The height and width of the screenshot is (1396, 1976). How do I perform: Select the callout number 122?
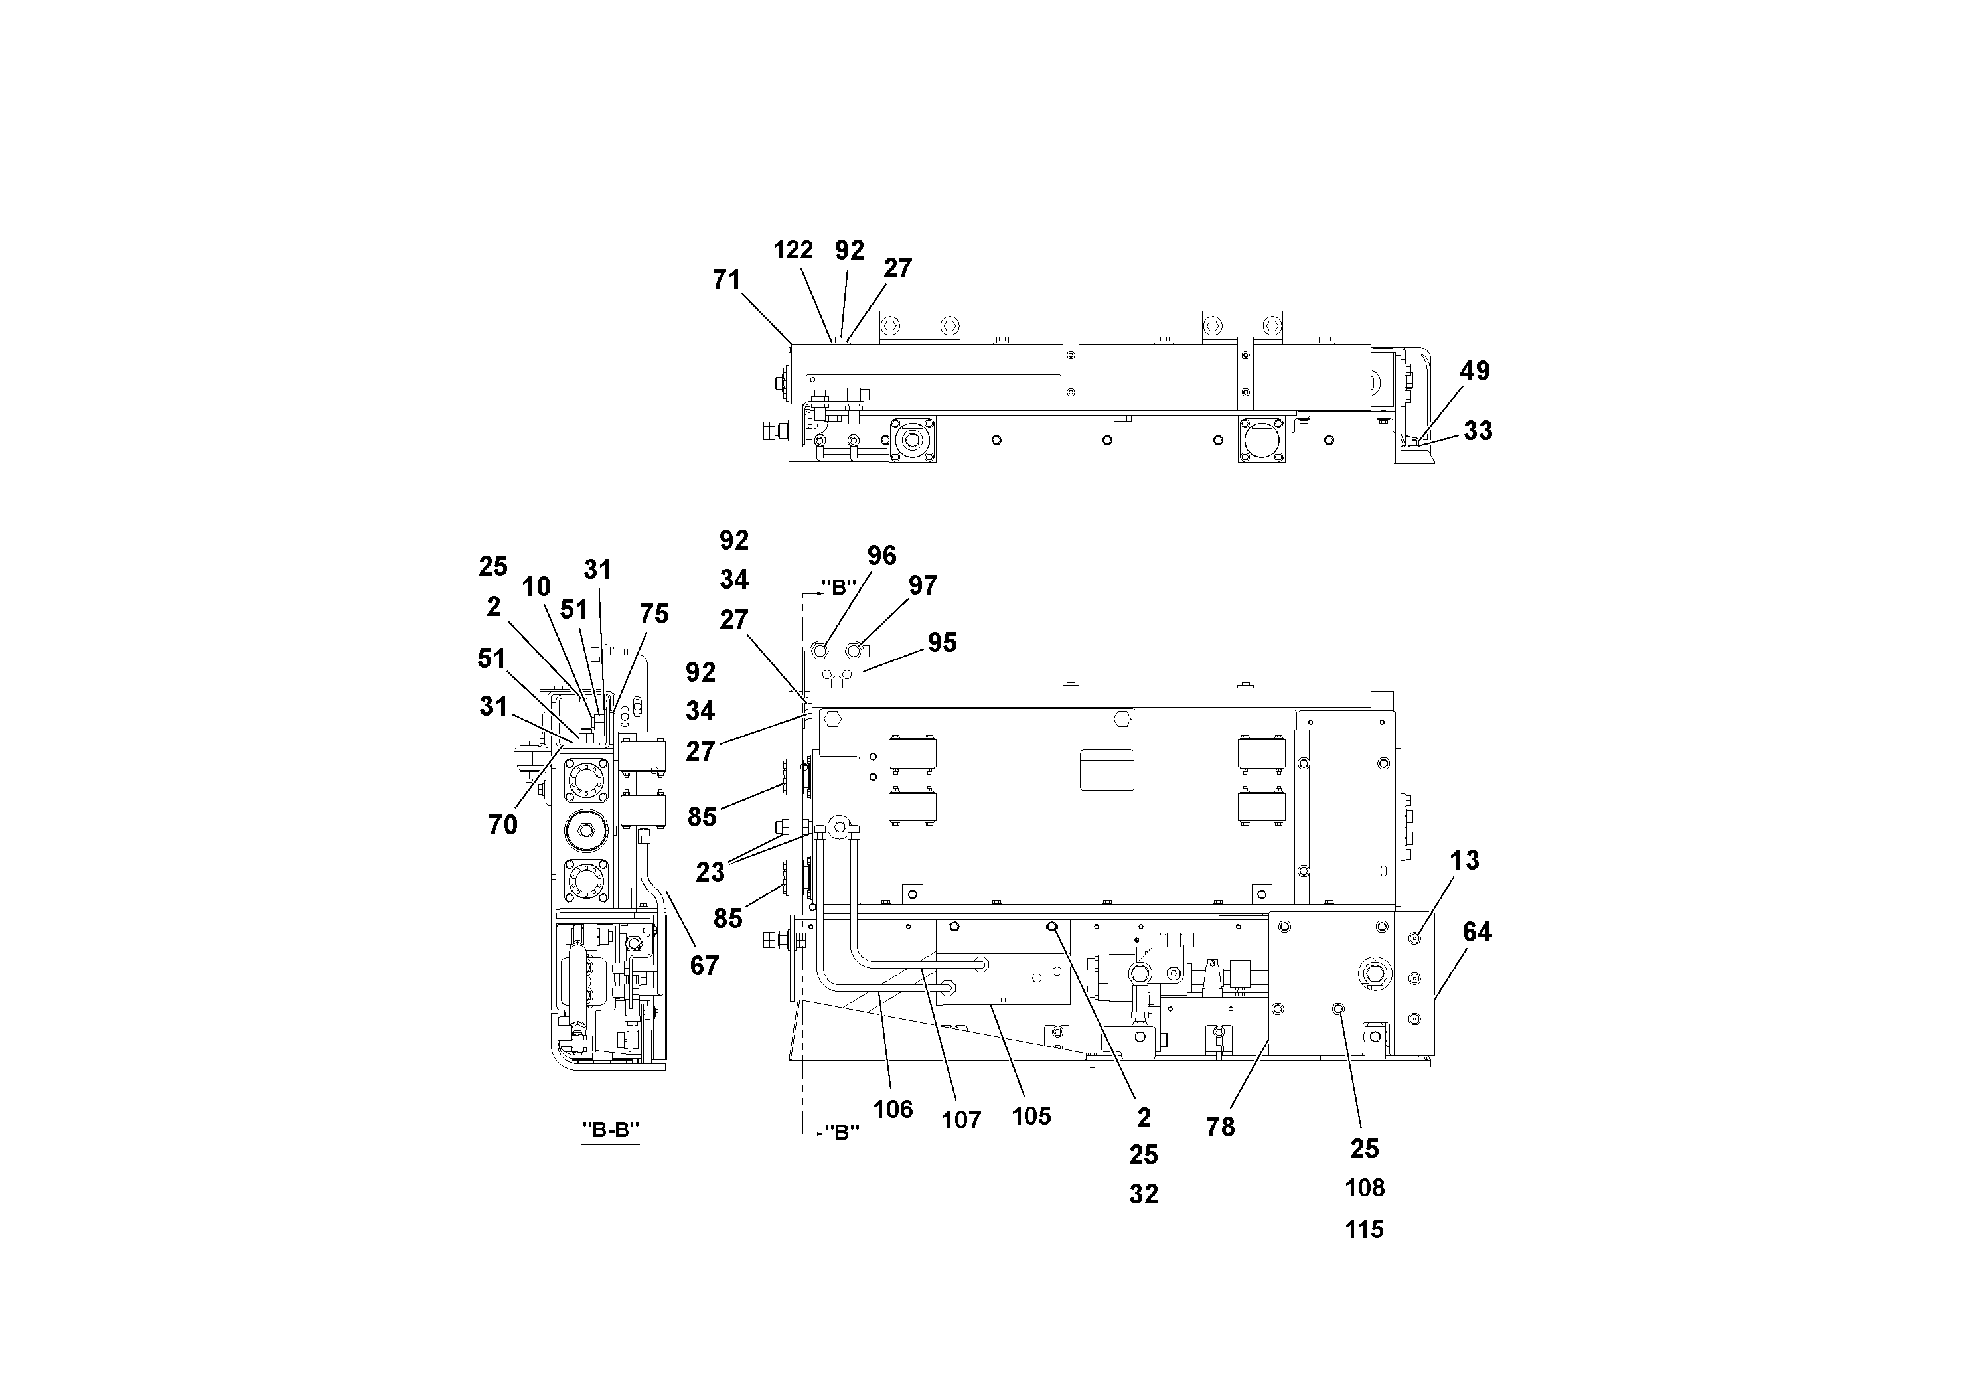(793, 250)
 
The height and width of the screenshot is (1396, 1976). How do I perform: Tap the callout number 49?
(1474, 372)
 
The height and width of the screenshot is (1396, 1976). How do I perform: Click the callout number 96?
(881, 556)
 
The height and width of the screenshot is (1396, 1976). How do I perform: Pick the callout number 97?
(923, 586)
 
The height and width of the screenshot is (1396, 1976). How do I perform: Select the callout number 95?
(943, 643)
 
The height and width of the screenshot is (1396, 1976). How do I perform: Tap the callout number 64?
(1477, 932)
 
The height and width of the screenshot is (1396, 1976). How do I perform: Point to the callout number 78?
(1221, 1127)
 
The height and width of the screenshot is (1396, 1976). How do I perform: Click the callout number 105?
(1031, 1117)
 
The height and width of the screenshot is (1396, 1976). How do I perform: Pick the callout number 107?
(961, 1121)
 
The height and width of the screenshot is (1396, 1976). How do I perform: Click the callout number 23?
(710, 873)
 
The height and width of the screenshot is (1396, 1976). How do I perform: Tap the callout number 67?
(704, 967)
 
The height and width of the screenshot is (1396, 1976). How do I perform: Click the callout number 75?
(654, 615)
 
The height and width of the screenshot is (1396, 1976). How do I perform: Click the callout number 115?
(1364, 1230)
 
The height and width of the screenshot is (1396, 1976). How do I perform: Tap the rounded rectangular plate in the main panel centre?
(1106, 769)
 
